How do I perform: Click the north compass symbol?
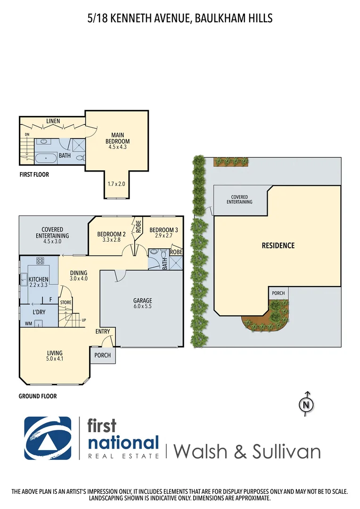click(307, 404)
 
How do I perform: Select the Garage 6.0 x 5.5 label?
click(142, 304)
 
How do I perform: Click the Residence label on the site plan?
click(278, 246)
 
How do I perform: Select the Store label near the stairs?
click(65, 302)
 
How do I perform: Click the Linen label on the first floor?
click(53, 122)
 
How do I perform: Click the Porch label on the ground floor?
click(103, 355)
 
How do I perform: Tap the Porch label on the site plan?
click(278, 293)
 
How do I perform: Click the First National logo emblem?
click(48, 438)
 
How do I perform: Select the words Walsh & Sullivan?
click(247, 451)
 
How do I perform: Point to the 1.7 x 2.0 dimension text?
click(116, 184)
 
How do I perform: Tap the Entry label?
click(103, 332)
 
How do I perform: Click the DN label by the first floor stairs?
click(26, 135)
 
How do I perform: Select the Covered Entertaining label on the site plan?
click(239, 199)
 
